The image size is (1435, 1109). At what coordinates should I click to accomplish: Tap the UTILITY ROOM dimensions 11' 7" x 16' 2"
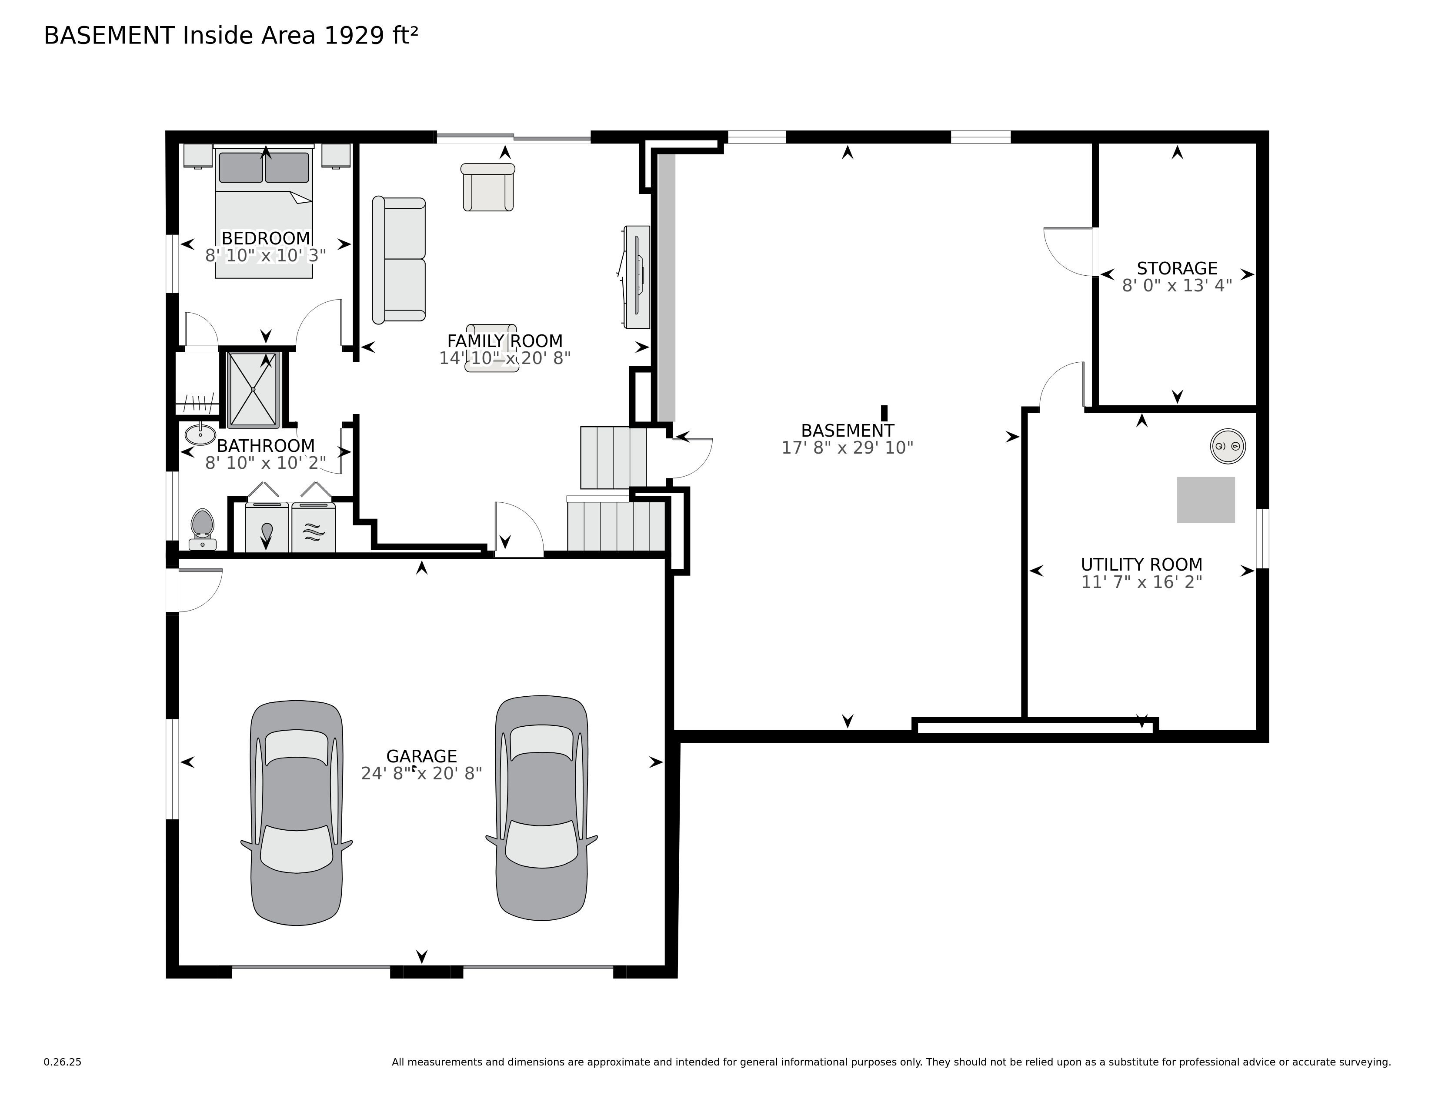1141,582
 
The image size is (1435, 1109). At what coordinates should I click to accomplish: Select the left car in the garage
296,813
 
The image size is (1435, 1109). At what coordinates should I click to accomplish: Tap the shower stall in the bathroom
253,390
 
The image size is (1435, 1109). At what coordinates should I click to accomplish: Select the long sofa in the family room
399,260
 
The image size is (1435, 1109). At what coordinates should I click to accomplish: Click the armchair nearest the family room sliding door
487,187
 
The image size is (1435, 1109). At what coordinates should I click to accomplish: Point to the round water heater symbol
1228,446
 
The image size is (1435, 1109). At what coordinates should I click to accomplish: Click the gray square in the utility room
1205,500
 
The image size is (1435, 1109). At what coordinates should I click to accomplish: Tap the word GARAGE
421,756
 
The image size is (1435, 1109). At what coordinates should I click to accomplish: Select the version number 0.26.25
63,1062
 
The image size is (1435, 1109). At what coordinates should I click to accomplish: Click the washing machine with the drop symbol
267,528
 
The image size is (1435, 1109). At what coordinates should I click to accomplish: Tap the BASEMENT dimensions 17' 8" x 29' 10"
847,448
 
